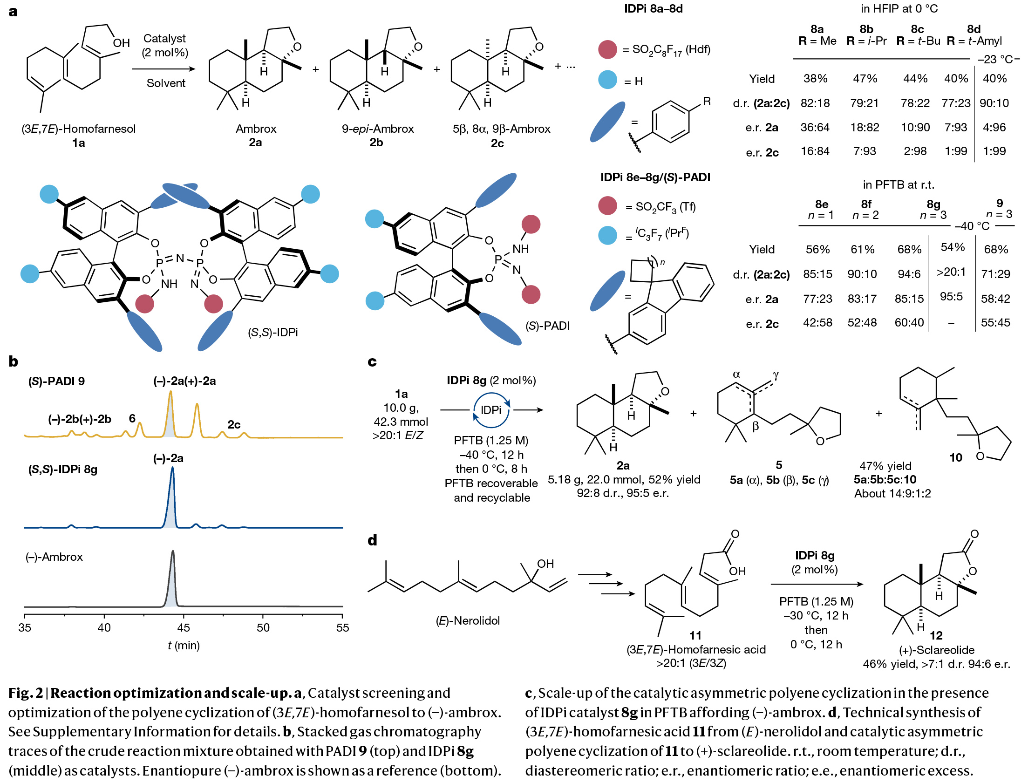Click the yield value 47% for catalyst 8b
(864, 79)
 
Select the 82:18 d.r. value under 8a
(815, 103)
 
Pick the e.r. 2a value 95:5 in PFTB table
(951, 296)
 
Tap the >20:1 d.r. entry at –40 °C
(951, 272)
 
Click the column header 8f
(865, 204)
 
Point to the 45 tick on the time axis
(184, 627)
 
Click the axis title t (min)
(184, 646)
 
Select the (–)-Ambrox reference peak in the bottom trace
(173, 580)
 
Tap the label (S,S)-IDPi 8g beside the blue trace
(63, 470)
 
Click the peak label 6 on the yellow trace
(132, 418)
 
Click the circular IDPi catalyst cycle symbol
(491, 410)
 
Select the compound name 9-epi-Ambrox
(377, 129)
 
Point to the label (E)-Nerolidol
(468, 620)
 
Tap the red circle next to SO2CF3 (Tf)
(607, 206)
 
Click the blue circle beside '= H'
(607, 80)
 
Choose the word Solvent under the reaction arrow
(166, 83)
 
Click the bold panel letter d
(372, 540)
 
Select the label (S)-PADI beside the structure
(547, 326)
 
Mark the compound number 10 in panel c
(955, 457)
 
